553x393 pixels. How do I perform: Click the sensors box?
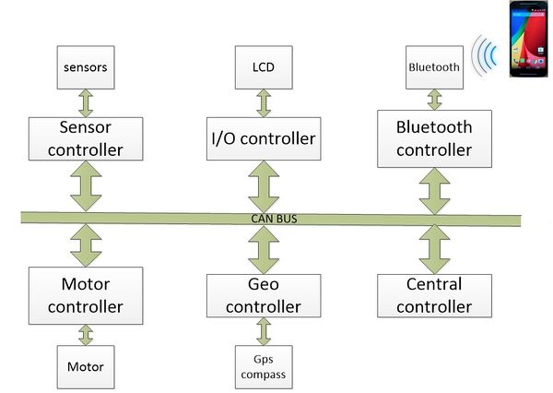[x=86, y=67]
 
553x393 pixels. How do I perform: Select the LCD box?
[x=264, y=67]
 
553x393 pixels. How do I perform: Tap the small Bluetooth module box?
[x=434, y=67]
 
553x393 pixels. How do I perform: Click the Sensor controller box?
[x=86, y=138]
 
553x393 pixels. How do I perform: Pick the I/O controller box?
[x=264, y=138]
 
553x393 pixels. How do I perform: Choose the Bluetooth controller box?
[x=434, y=138]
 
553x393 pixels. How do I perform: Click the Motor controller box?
[x=86, y=295]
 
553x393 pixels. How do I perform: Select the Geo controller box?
[x=264, y=295]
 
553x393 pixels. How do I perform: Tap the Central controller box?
[x=434, y=295]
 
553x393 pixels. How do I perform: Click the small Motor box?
[x=86, y=367]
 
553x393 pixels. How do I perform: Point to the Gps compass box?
[x=264, y=367]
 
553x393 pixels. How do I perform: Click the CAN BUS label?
[x=274, y=219]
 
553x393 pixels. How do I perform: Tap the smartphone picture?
[x=529, y=39]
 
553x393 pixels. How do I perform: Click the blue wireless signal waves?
[x=485, y=55]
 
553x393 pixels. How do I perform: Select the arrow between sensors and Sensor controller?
[x=86, y=103]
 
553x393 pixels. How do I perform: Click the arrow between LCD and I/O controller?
[x=264, y=103]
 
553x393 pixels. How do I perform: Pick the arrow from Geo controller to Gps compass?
[x=264, y=331]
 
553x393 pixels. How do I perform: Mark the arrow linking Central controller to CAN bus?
[x=434, y=249]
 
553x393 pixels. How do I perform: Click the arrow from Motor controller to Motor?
[x=86, y=335]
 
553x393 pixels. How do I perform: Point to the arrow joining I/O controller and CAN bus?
[x=264, y=186]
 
